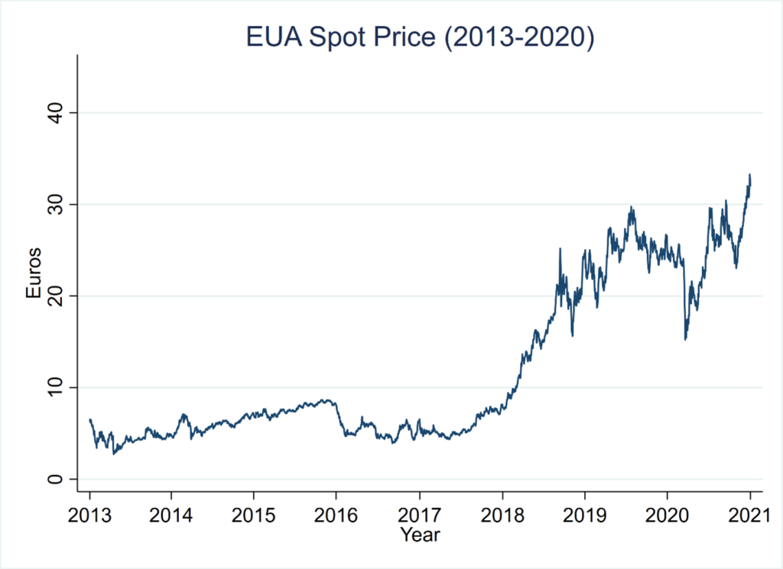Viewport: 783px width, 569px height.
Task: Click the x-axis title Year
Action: click(420, 535)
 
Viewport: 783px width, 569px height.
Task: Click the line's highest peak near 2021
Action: click(749, 175)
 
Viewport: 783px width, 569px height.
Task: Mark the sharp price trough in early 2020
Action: click(685, 338)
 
